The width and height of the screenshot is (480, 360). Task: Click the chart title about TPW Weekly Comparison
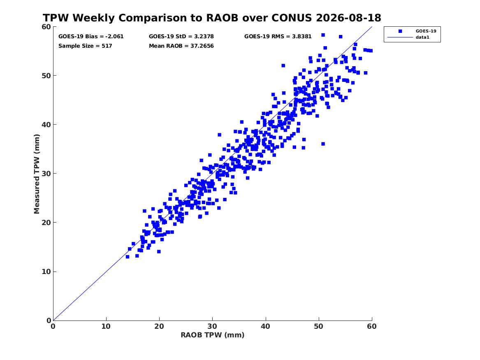[x=212, y=18]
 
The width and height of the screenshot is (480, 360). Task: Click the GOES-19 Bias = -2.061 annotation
[x=91, y=37]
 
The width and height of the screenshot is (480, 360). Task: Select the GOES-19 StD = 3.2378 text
[x=181, y=37]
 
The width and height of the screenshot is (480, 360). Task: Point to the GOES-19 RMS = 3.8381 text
[x=278, y=37]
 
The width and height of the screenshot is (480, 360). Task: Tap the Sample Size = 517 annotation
[x=85, y=46]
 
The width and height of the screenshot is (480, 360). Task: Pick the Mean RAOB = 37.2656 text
[x=181, y=46]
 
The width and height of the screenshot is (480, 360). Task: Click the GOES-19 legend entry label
[x=426, y=31]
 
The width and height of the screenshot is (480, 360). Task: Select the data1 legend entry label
[x=422, y=37]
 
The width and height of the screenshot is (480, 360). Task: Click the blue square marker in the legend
[x=400, y=31]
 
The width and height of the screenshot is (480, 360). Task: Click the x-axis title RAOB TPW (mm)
[x=213, y=335]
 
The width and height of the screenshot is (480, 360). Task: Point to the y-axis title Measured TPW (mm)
[x=37, y=174]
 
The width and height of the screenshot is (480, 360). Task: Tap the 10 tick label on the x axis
[x=106, y=326]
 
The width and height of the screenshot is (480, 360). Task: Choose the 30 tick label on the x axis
[x=212, y=326]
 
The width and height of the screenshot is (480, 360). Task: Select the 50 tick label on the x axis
[x=318, y=326]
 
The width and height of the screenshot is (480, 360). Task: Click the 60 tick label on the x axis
[x=372, y=326]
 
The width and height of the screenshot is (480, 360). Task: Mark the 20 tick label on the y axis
[x=46, y=223]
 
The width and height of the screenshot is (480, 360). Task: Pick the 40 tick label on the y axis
[x=46, y=125]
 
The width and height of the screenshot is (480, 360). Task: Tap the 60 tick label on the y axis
[x=46, y=27]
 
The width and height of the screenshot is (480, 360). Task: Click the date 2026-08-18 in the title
[x=348, y=18]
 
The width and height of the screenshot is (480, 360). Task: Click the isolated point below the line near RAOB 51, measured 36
[x=323, y=144]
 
